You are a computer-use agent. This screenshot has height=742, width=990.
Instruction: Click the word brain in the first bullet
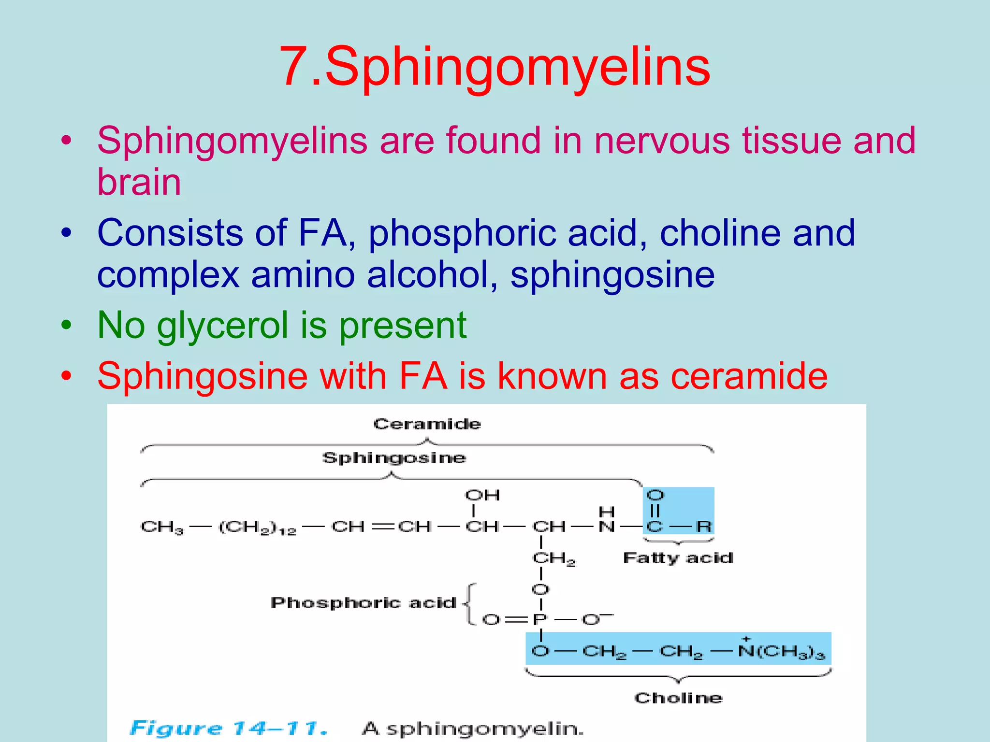tap(139, 182)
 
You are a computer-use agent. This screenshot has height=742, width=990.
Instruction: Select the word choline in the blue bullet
tap(720, 233)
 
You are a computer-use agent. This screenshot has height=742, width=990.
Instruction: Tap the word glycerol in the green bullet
tap(222, 326)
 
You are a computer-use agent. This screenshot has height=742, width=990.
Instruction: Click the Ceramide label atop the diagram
tap(427, 424)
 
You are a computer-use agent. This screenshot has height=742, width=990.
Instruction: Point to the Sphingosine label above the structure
tap(394, 457)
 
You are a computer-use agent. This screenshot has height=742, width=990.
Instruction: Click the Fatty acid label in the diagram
tap(678, 558)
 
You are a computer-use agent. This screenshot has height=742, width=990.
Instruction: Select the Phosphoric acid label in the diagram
tap(363, 603)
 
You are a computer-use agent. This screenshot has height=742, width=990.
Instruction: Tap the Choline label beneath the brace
tap(678, 698)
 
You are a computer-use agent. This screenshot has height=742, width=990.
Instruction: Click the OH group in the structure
tap(482, 495)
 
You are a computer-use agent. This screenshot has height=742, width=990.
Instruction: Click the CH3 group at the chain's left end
tap(162, 527)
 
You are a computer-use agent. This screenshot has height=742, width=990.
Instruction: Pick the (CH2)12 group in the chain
tap(257, 527)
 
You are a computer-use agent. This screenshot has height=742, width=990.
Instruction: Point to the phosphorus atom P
tap(539, 619)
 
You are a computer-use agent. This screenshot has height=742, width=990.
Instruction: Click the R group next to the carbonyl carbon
tap(704, 526)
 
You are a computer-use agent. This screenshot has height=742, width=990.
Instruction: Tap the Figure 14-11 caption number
tap(228, 728)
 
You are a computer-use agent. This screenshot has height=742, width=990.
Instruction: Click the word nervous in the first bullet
tap(662, 141)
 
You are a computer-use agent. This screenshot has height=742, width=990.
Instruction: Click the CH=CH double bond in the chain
tap(381, 527)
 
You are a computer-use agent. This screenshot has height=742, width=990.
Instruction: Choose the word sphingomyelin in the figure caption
tap(485, 728)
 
